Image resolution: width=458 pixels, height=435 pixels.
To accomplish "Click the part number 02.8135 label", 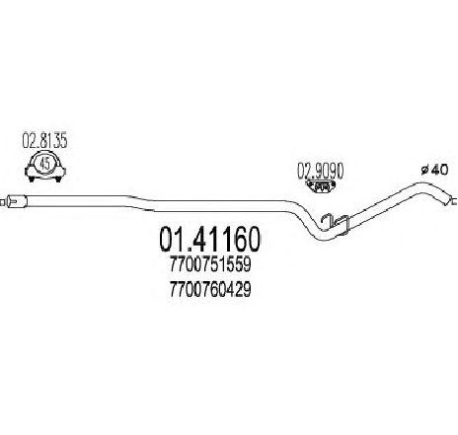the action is click(44, 141).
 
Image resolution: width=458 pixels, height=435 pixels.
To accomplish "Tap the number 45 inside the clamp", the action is click(44, 163).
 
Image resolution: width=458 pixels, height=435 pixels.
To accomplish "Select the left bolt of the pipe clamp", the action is click(32, 180).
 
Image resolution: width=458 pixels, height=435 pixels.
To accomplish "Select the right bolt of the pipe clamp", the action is click(59, 180).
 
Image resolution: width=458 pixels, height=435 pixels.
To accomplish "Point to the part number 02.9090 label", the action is click(321, 171).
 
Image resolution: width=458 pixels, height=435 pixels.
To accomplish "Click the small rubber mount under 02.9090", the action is click(321, 185).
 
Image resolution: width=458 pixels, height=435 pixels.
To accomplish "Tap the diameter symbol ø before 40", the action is click(425, 170).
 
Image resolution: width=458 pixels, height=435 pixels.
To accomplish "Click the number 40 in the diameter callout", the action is click(440, 170).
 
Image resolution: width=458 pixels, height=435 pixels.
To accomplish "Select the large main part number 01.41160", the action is click(210, 239).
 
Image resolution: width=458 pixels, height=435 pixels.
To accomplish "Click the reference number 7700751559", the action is click(210, 264).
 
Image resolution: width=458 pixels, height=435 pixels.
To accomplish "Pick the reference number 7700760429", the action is click(210, 289).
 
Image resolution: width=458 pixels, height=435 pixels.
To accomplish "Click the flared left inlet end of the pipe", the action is click(16, 201).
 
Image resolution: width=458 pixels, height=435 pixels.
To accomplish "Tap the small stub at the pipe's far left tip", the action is click(3, 201).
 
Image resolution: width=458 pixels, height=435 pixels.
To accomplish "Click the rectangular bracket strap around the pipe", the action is click(343, 225).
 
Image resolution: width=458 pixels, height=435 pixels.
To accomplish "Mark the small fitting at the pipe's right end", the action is click(451, 200).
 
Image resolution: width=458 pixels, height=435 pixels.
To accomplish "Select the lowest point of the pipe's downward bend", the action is click(324, 236).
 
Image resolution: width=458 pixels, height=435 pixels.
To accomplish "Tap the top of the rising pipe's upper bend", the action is click(421, 184).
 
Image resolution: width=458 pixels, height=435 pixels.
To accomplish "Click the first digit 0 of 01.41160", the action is click(167, 239).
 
